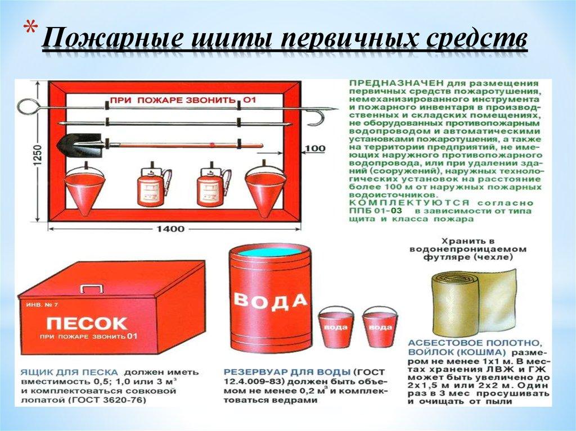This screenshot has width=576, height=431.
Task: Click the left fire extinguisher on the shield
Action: coord(150,189)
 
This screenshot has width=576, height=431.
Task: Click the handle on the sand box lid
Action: coord(91,288)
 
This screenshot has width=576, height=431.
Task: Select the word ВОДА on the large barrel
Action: coord(270,301)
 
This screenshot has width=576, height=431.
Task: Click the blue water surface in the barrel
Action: coord(269,251)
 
